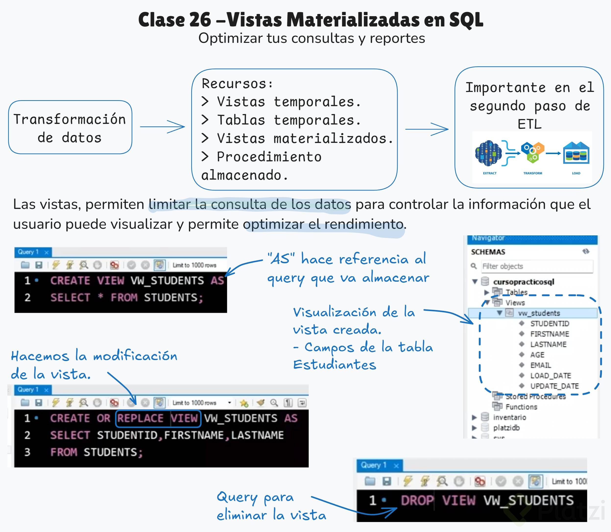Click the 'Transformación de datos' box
click(x=70, y=128)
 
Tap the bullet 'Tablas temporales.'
click(x=288, y=120)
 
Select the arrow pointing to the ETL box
click(x=427, y=129)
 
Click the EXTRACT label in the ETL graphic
click(x=490, y=173)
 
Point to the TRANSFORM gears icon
click(x=533, y=153)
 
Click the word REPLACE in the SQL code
click(x=140, y=418)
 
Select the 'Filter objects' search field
click(x=537, y=266)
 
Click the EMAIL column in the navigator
click(x=540, y=365)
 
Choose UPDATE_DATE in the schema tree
click(x=554, y=386)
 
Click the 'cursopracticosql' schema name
click(x=524, y=282)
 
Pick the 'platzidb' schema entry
click(x=506, y=428)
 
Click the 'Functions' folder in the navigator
click(x=521, y=407)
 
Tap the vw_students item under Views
click(x=539, y=313)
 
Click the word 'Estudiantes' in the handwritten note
click(x=335, y=365)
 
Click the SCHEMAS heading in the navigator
click(x=488, y=252)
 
